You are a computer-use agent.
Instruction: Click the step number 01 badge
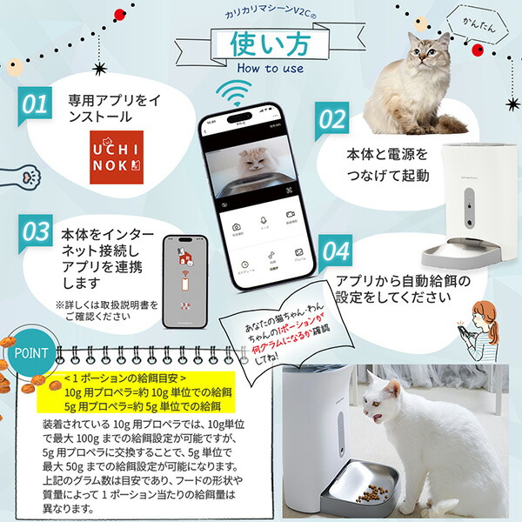34,105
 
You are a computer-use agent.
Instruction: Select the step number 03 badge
34,232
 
